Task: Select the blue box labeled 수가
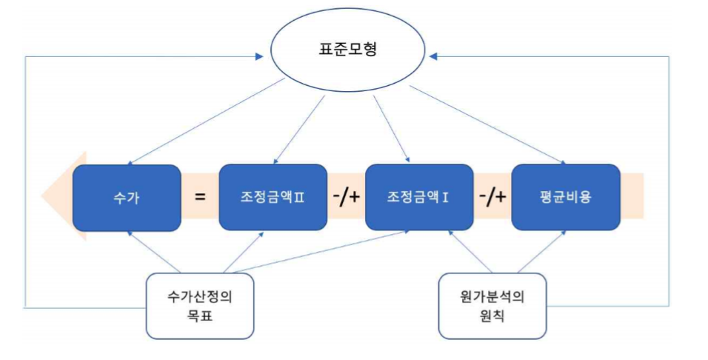tap(127, 197)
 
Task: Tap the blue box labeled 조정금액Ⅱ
tap(273, 197)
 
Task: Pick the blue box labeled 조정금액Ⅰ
tap(419, 197)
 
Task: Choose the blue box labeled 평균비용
tap(566, 197)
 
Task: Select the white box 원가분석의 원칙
tap(492, 305)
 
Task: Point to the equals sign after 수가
tap(201, 197)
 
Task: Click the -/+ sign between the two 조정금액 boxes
tap(347, 197)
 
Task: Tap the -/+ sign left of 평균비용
tap(492, 197)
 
